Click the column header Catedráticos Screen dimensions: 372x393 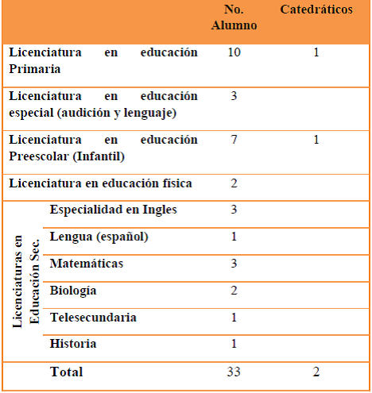pyautogui.click(x=316, y=10)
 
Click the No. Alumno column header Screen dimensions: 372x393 pyautogui.click(x=234, y=17)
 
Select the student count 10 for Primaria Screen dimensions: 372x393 pyautogui.click(x=234, y=52)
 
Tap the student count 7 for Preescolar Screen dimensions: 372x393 pyautogui.click(x=234, y=140)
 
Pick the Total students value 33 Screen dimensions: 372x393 pyautogui.click(x=234, y=372)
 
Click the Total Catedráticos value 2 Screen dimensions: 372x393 pyautogui.click(x=316, y=372)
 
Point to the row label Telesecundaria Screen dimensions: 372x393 pyautogui.click(x=92, y=318)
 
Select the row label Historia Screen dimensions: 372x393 pyautogui.click(x=73, y=344)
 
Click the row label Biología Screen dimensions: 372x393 pyautogui.click(x=73, y=290)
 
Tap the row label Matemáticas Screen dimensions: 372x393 pyautogui.click(x=87, y=263)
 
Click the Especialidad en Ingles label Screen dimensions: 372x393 pyautogui.click(x=113, y=210)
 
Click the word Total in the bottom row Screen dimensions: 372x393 pyautogui.click(x=66, y=372)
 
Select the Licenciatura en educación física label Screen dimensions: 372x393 pyautogui.click(x=101, y=183)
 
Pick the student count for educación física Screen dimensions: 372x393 pyautogui.click(x=234, y=183)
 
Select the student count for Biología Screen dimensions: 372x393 pyautogui.click(x=234, y=290)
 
